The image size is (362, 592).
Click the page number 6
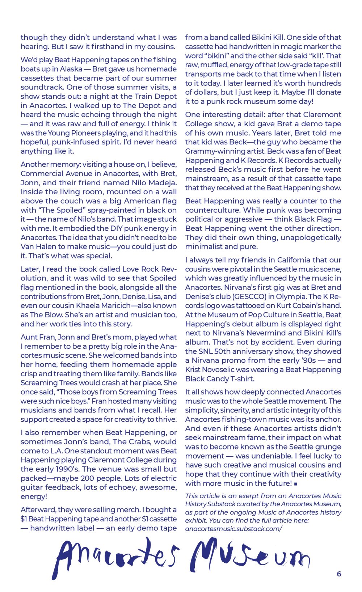tap(339, 574)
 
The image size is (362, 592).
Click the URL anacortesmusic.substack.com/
tap(233, 528)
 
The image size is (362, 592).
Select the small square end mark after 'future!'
tap(296, 484)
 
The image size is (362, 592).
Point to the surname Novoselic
tap(222, 369)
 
